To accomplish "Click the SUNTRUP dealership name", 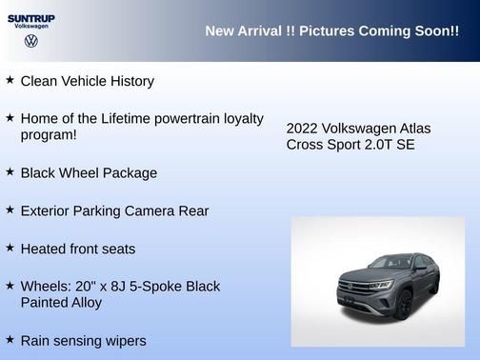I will point(30,18).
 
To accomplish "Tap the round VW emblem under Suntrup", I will point(30,42).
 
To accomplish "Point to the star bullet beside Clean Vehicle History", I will point(10,80).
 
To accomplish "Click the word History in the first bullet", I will point(129,82).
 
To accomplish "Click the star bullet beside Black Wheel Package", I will point(10,171).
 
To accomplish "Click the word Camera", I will point(155,210).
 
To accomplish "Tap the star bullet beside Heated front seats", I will point(10,247).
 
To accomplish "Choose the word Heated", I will point(44,249).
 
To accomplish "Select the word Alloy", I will point(83,303).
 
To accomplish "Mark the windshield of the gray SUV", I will point(390,263).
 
